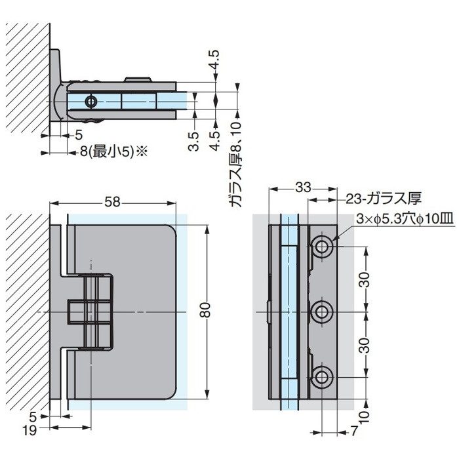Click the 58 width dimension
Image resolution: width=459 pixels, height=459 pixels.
pos(112,203)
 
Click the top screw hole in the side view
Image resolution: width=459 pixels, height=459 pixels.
pos(321,247)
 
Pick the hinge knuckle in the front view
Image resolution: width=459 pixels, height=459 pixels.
pos(91,311)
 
